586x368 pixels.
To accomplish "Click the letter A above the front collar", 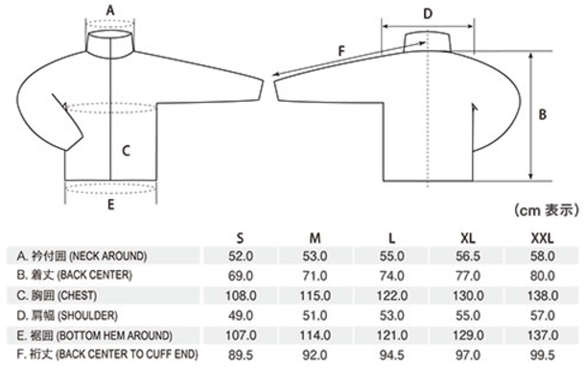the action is pyautogui.click(x=110, y=11).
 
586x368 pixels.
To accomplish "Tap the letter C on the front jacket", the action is pyautogui.click(x=127, y=151).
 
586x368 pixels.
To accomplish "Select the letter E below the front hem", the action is pyautogui.click(x=110, y=205).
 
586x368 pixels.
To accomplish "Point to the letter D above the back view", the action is pyautogui.click(x=428, y=14).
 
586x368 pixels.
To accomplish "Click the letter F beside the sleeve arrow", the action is pyautogui.click(x=341, y=51).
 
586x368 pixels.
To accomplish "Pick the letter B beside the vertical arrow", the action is pyautogui.click(x=542, y=114).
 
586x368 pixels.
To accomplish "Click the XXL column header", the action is pyautogui.click(x=542, y=238).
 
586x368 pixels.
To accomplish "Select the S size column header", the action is pyautogui.click(x=240, y=238).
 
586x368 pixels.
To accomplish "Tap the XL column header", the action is pyautogui.click(x=467, y=238).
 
